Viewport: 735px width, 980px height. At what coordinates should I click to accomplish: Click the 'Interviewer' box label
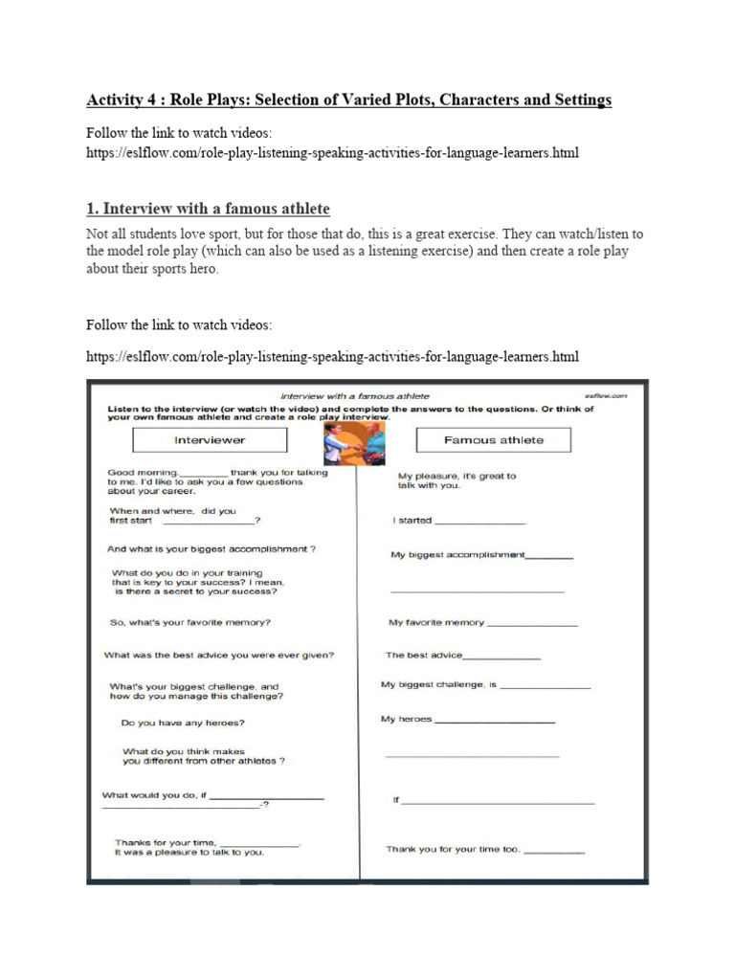tap(209, 440)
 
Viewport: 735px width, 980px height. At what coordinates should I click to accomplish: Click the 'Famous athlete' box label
tap(493, 440)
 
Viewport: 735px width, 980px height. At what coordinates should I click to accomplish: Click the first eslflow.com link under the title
tap(332, 152)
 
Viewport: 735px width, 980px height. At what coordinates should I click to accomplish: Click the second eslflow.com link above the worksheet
tap(332, 357)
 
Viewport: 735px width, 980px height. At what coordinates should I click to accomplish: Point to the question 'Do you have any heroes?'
tap(177, 723)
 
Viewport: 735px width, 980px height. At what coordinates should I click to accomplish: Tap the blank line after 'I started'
tap(479, 523)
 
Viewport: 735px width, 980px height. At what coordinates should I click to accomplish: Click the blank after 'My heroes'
tap(495, 721)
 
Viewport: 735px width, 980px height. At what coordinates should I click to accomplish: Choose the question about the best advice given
tap(219, 656)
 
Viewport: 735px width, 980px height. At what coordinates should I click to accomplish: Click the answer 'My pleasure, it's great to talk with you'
tap(457, 480)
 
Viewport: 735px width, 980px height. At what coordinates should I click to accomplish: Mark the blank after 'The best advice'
tap(501, 658)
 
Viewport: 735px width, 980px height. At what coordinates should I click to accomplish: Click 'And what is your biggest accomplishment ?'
tap(212, 549)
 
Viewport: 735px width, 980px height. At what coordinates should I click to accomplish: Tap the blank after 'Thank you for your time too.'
tap(553, 852)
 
